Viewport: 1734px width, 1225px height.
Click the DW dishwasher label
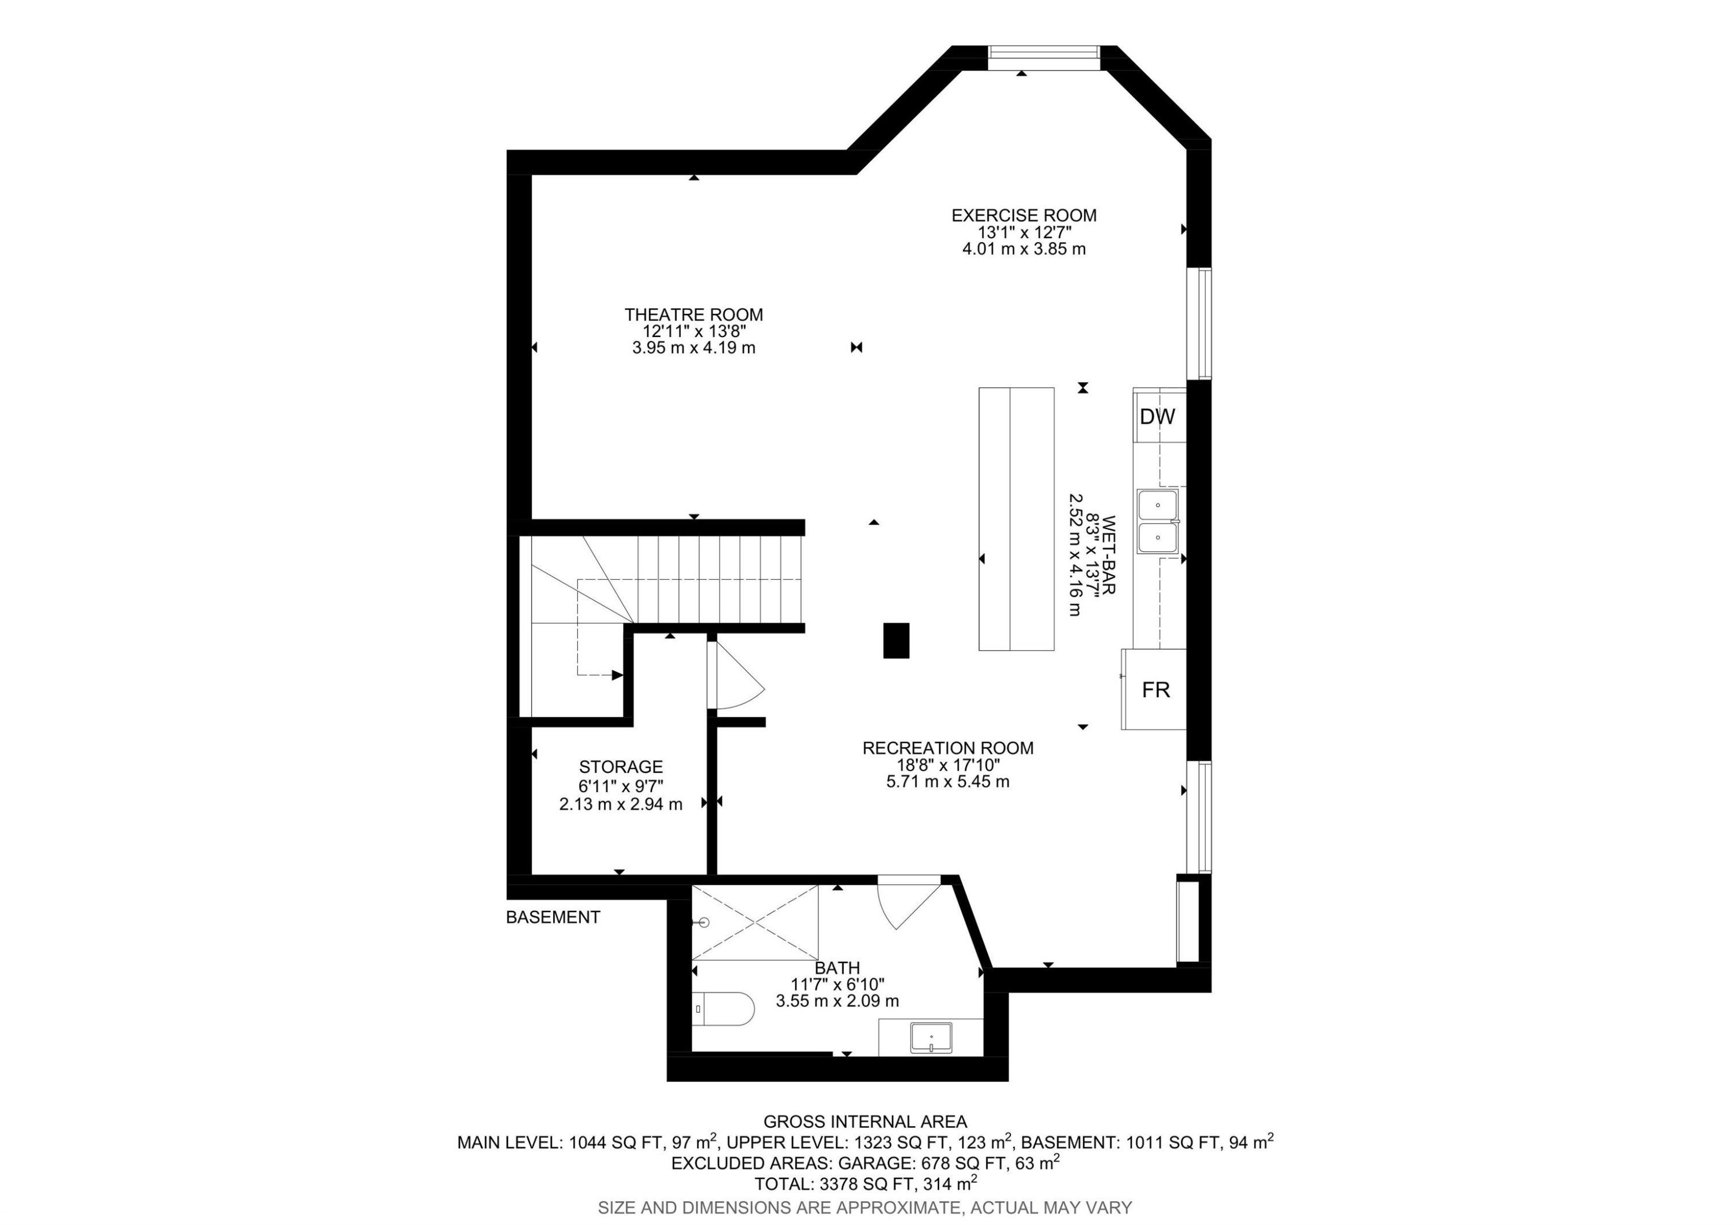point(1157,416)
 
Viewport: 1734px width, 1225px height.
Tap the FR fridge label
point(1155,690)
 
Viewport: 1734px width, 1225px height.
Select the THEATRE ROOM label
point(693,314)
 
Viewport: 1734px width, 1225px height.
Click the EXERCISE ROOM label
point(1023,215)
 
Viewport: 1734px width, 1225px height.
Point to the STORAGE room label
point(620,767)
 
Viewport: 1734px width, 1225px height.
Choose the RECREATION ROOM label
point(947,747)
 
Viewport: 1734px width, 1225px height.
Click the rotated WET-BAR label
point(1108,554)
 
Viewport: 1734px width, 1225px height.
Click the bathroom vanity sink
point(931,1037)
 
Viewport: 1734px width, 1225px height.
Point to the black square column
point(896,641)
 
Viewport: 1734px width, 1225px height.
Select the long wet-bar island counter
point(1016,519)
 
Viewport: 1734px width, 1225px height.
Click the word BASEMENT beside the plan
point(553,917)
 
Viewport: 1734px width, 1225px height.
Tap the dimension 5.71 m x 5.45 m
point(947,781)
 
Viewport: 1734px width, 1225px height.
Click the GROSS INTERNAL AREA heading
point(865,1122)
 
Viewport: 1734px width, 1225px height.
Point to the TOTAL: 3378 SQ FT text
point(865,1183)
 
